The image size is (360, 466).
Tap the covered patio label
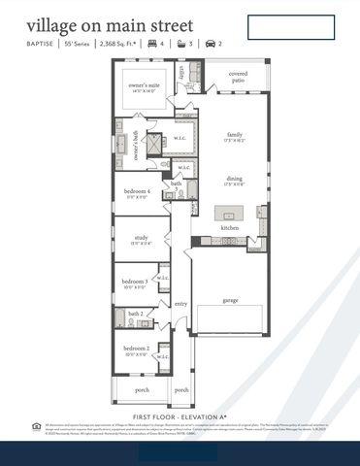237,77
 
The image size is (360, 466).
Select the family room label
235,136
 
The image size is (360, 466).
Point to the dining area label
235,180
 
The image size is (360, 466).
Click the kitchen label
229,227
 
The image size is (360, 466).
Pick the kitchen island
229,214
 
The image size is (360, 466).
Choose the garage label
230,300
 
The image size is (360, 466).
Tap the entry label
180,304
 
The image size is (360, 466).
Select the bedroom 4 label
137,192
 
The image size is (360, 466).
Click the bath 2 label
136,314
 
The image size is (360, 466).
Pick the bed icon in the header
152,44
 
